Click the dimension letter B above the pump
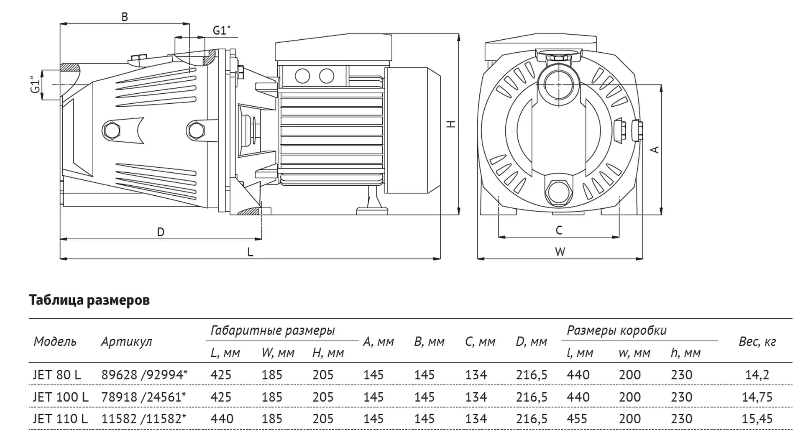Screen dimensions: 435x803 click(124, 17)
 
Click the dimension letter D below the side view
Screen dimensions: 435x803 click(161, 232)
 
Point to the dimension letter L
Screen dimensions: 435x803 click(250, 252)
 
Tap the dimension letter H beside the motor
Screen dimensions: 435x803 click(451, 124)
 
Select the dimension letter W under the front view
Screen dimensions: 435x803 click(560, 252)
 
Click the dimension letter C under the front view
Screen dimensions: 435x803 click(559, 230)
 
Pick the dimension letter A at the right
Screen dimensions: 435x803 click(655, 149)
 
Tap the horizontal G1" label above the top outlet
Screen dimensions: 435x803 click(222, 31)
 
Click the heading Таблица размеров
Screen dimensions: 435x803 click(89, 300)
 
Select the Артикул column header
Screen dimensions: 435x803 click(126, 342)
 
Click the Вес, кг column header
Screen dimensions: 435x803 click(757, 342)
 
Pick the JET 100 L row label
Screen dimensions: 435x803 click(61, 397)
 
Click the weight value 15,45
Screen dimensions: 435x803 click(757, 419)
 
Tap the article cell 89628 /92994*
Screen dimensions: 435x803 click(144, 374)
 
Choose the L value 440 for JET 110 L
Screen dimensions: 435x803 click(222, 419)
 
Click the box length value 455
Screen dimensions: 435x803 click(578, 419)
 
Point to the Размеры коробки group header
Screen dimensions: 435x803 click(616, 330)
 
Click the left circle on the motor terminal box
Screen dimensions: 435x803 click(302, 76)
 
